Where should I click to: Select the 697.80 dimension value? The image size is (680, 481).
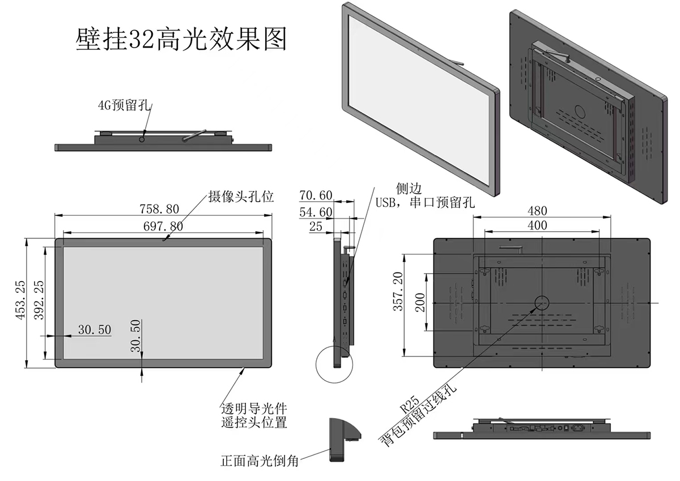click(163, 225)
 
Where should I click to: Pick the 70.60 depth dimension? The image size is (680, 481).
click(316, 195)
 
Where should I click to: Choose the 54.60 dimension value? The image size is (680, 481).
click(316, 212)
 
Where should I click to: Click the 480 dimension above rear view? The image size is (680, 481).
click(537, 210)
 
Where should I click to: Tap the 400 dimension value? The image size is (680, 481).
click(537, 225)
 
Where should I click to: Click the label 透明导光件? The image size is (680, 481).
click(253, 408)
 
